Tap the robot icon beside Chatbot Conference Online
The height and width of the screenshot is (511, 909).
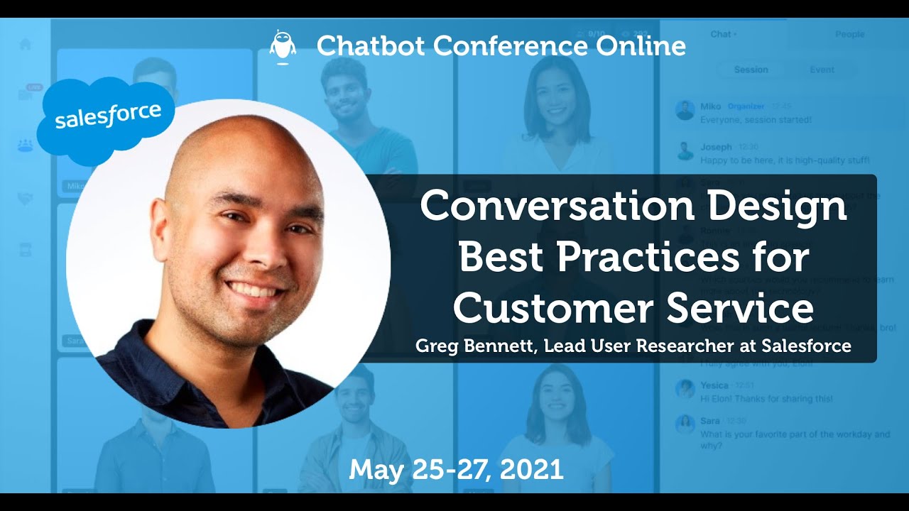click(x=283, y=48)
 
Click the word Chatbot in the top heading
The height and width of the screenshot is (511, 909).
click(x=371, y=46)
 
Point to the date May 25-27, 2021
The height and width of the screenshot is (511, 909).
click(x=456, y=469)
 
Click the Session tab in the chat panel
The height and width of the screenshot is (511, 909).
click(x=751, y=70)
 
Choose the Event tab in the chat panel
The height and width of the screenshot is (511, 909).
click(x=822, y=70)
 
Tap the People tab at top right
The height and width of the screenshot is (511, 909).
click(x=849, y=34)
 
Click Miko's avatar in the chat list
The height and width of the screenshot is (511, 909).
click(x=685, y=111)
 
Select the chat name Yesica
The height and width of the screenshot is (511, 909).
click(x=714, y=385)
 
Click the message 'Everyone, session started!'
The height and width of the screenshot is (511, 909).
click(x=756, y=120)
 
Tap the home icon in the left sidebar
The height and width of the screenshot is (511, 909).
click(x=26, y=44)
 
